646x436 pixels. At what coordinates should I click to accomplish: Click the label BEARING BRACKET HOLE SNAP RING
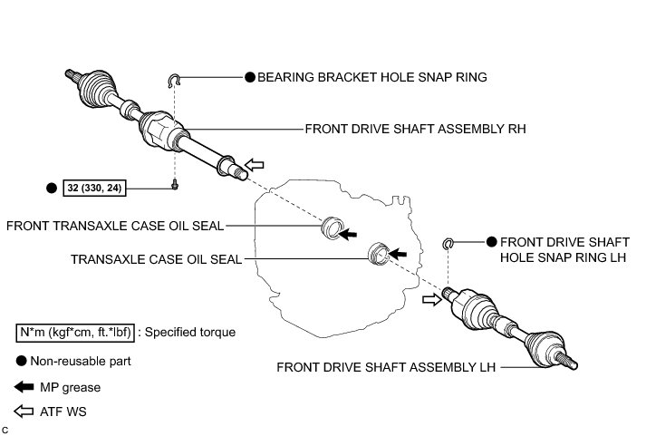[372, 78]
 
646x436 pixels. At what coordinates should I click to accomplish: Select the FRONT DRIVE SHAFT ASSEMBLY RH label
[416, 130]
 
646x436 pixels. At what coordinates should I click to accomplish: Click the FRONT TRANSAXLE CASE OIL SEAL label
[115, 225]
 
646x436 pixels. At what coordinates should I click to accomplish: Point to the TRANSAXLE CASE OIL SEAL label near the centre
[157, 258]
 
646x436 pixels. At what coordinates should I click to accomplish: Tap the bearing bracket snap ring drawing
[176, 82]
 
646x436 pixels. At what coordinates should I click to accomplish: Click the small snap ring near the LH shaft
[448, 243]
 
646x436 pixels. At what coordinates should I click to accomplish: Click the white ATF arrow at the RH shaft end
[256, 164]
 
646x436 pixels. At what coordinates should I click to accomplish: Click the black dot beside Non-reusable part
[22, 361]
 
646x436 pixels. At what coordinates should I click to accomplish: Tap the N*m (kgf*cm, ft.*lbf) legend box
[75, 333]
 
